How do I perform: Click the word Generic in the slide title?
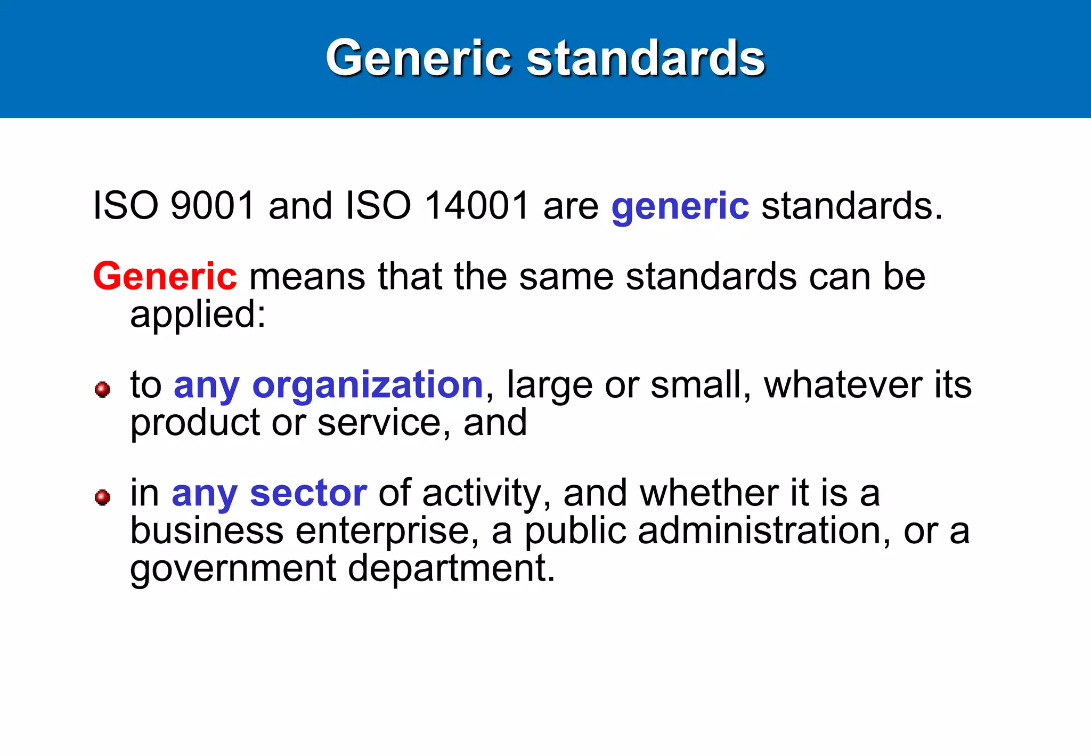[418, 59]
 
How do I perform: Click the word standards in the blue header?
[646, 59]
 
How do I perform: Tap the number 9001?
[213, 205]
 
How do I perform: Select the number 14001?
[477, 205]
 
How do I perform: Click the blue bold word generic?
[680, 207]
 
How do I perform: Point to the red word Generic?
[165, 276]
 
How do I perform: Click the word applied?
[198, 315]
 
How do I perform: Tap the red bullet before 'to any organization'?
[102, 389]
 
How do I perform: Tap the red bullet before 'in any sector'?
[102, 497]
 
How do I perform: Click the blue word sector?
[308, 493]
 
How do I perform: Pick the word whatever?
[843, 384]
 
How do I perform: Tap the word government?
[233, 569]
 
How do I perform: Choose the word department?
[451, 569]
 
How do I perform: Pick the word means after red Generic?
[307, 277]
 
